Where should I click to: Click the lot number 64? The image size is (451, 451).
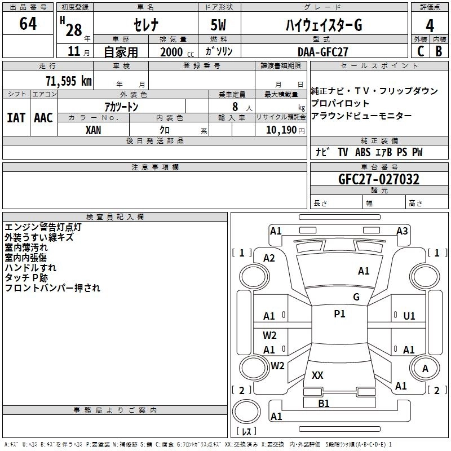[28, 24]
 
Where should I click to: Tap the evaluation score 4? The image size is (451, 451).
[430, 26]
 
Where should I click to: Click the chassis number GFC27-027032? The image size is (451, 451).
[378, 180]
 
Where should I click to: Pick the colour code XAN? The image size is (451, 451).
[94, 130]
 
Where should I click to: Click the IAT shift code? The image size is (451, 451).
[16, 117]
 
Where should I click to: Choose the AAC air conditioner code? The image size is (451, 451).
[43, 117]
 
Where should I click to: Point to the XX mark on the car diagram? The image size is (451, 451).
[317, 375]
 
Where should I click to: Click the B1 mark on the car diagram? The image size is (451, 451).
[324, 403]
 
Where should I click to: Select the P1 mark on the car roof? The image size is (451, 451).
[339, 314]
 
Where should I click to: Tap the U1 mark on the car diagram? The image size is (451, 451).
[409, 316]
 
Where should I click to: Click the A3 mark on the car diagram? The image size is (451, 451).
[402, 231]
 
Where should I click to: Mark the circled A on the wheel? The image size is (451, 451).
[425, 368]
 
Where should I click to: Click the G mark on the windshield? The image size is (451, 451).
[356, 297]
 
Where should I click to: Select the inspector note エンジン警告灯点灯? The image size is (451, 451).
[43, 228]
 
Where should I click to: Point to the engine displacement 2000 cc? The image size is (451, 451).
[173, 52]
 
